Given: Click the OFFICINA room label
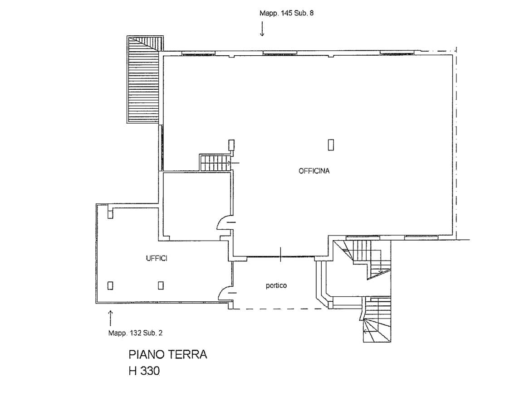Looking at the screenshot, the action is pos(314,171).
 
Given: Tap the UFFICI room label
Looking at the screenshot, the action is pos(157,258).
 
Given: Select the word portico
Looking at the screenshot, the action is pos(276,285).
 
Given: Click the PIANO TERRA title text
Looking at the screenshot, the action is pos(168,355).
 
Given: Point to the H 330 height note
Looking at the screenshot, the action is pos(144,371).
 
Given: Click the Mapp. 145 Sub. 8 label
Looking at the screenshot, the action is pos(286,13).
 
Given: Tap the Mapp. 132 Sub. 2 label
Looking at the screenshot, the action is pos(135,333).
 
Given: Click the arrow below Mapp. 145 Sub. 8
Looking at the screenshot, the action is pos(262,29).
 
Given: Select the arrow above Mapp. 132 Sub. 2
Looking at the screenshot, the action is pos(111,318).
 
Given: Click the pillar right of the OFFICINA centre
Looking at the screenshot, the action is pos(331,145).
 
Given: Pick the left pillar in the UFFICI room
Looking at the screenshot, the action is pos(111,285).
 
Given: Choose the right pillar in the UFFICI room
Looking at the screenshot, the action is pos(161,285).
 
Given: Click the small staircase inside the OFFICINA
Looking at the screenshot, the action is pos(215,162).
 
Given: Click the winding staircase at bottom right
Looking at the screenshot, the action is pos(377,319).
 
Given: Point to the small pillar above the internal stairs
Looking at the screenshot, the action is pos(231,145).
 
